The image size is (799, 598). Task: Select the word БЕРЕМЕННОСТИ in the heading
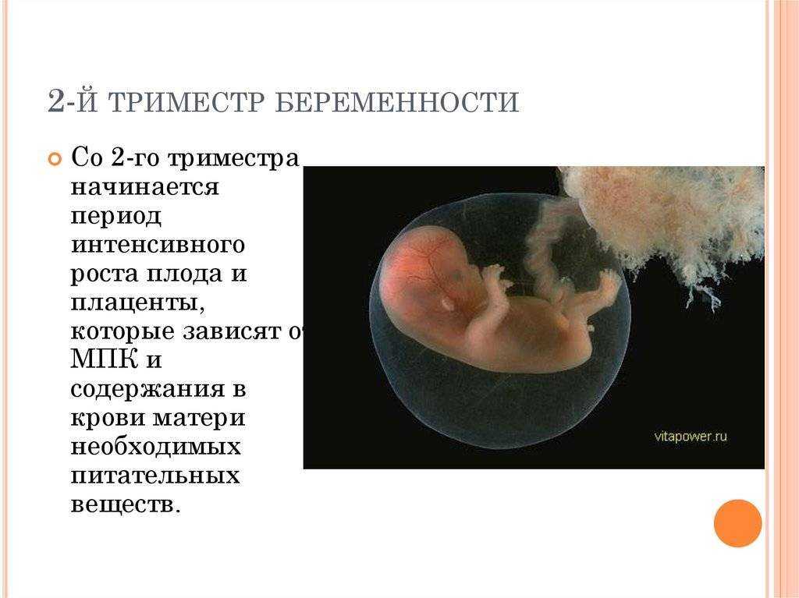[397, 102]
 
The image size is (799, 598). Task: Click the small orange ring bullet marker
[54, 159]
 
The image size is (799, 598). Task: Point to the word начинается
[144, 186]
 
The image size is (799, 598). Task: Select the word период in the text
[115, 217]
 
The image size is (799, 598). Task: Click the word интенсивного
[158, 245]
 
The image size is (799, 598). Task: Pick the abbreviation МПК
[105, 359]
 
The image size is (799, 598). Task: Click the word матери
[199, 418]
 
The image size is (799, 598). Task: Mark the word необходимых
[155, 447]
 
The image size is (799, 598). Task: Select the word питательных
[155, 476]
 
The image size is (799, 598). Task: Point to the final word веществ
[126, 504]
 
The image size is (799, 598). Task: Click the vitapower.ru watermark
[691, 437]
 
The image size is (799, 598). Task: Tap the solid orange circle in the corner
[738, 523]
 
